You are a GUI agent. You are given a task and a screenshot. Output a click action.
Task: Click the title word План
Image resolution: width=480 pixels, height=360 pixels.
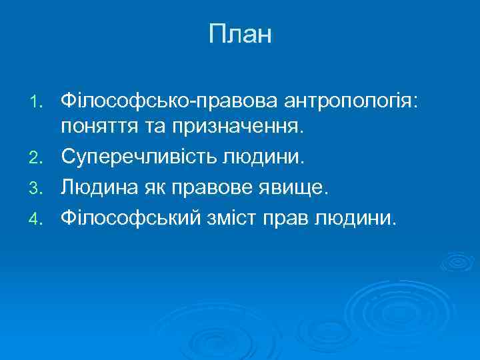pyautogui.click(x=240, y=35)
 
